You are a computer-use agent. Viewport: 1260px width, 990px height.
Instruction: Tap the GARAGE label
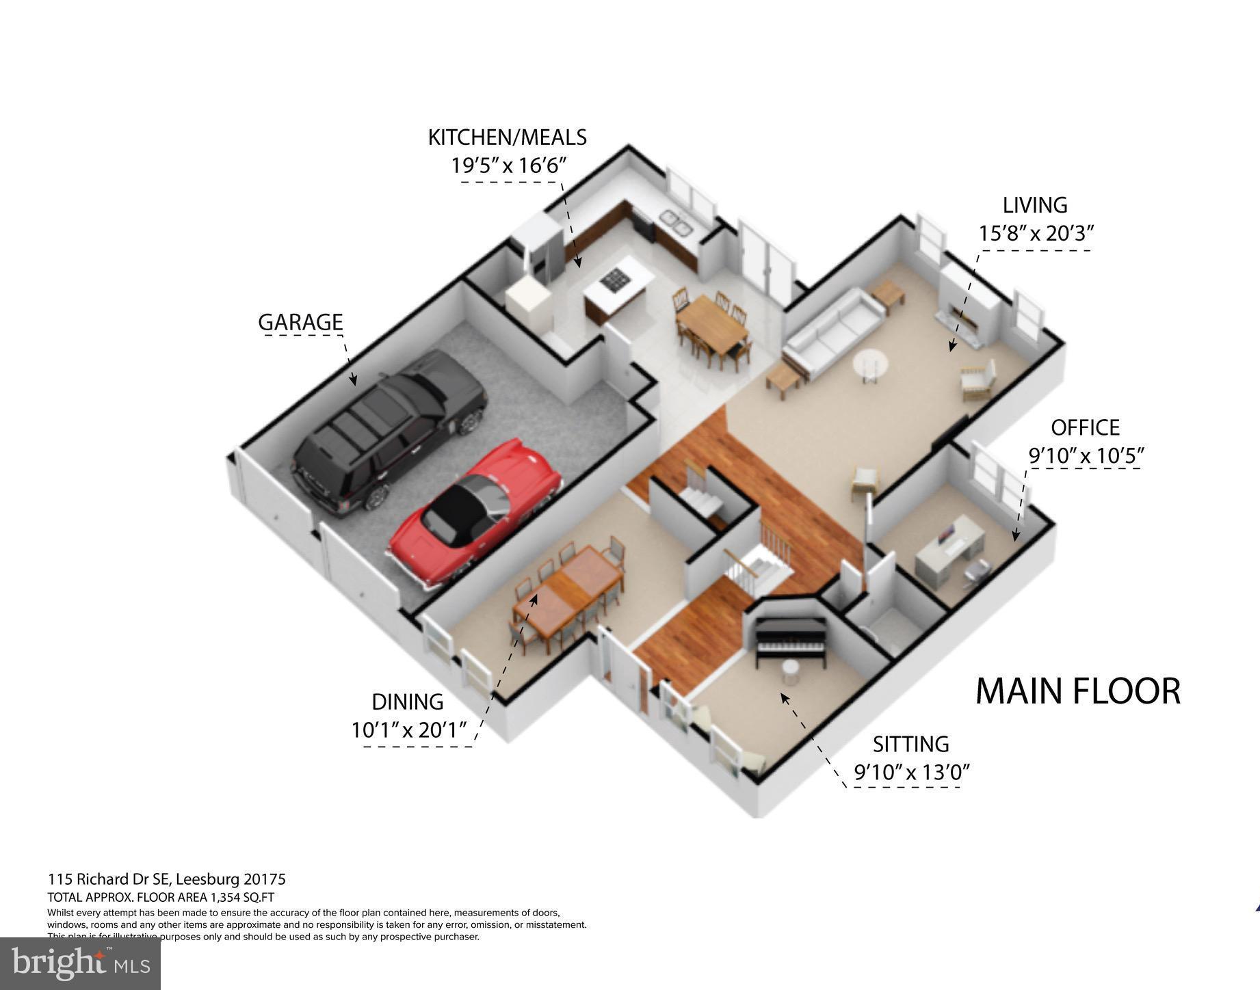point(300,322)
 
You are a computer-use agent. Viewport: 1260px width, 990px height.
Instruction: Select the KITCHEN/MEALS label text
point(507,137)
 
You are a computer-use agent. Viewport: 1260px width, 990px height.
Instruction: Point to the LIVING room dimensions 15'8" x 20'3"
point(1036,234)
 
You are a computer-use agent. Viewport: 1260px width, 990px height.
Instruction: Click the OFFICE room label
point(1085,428)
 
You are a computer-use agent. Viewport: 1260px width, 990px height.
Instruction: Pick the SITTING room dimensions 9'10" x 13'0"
point(912,773)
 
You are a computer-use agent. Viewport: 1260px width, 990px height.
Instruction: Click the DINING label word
point(408,702)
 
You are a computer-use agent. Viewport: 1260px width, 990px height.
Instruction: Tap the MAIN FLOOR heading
point(1077,691)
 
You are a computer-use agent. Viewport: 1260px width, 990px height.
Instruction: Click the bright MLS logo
point(80,963)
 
